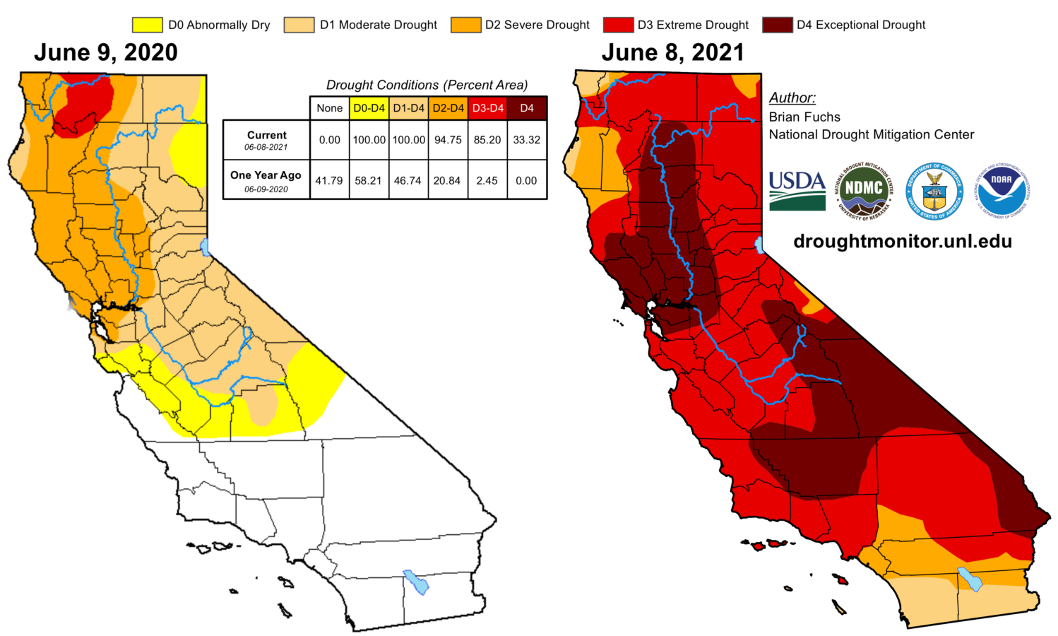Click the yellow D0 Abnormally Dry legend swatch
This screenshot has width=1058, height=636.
pos(147,25)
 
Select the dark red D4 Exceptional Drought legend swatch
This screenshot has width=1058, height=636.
pos(777,25)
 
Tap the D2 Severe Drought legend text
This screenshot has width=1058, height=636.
pos(537,25)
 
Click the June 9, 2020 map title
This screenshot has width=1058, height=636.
pos(106,53)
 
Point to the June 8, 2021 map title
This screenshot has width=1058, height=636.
pos(672,53)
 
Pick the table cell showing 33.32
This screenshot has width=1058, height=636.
pos(527,140)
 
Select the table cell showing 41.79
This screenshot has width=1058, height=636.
pos(329,180)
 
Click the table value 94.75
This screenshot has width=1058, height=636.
pos(448,140)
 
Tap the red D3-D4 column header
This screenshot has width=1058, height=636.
pos(487,108)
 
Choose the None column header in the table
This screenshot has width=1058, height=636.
pos(329,108)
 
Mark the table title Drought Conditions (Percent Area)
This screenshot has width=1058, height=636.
pos(427,85)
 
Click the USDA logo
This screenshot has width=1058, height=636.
pos(797,190)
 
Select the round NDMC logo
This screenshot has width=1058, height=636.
pos(864,190)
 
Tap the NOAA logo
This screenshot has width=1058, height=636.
pos(1001,190)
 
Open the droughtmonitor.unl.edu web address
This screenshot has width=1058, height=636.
pos(903,241)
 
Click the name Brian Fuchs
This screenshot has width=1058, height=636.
pos(804,117)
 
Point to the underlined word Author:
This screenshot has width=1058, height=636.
pos(792,98)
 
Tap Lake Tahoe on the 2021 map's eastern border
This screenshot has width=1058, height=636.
pos(760,245)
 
